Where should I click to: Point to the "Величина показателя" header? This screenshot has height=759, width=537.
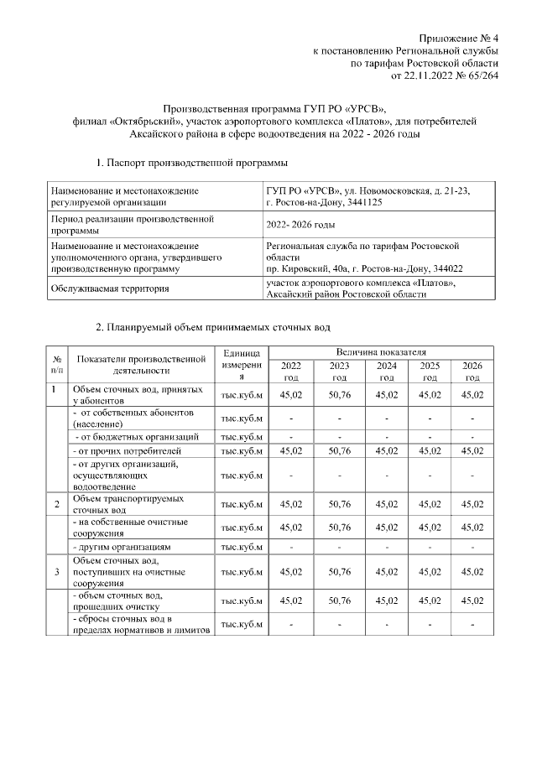[381, 352]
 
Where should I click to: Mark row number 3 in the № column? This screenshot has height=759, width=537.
[56, 572]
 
